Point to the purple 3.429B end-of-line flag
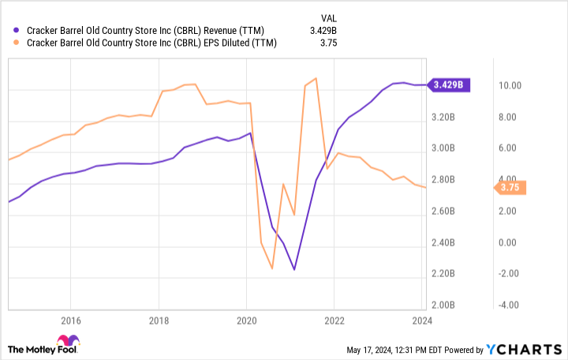pyautogui.click(x=449, y=84)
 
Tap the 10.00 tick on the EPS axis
pyautogui.click(x=509, y=85)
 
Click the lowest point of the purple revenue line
pyautogui.click(x=294, y=270)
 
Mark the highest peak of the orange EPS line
pyautogui.click(x=316, y=78)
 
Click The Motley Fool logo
pyautogui.click(x=43, y=348)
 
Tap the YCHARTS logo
pyautogui.click(x=525, y=349)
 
